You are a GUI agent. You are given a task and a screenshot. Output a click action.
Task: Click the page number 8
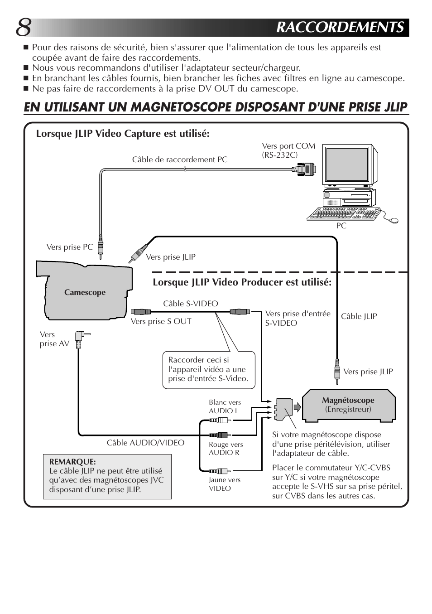click(24, 28)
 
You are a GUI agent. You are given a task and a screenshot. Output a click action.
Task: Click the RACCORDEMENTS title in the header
click(340, 28)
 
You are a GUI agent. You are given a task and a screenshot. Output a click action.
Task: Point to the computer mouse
click(393, 221)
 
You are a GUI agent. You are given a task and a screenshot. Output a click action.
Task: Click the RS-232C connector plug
click(304, 170)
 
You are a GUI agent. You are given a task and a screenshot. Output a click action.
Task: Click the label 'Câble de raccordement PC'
click(180, 160)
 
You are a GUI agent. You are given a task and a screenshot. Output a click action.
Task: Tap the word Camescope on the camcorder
click(85, 292)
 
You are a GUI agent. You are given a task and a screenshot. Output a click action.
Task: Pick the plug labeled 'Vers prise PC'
click(100, 246)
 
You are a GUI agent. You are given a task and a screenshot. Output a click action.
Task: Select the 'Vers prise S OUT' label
click(161, 321)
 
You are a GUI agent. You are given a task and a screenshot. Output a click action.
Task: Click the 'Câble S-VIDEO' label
click(190, 304)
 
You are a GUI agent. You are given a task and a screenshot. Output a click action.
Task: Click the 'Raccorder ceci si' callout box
click(209, 369)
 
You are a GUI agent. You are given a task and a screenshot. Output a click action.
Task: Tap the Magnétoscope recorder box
click(348, 405)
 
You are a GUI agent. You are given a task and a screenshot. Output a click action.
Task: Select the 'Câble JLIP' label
click(359, 316)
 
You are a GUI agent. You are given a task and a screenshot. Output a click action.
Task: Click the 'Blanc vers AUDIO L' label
click(225, 406)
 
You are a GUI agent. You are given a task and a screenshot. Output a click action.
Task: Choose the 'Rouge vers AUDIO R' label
click(226, 448)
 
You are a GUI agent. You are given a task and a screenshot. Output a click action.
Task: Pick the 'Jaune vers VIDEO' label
click(224, 484)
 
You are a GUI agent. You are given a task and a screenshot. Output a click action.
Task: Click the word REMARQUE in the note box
click(72, 462)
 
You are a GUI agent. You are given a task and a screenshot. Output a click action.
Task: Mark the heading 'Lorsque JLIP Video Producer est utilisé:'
click(242, 282)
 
